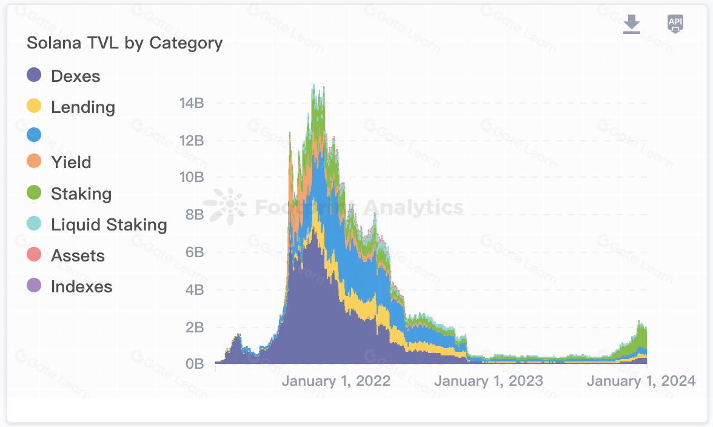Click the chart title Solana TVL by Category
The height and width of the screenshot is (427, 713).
pos(125,43)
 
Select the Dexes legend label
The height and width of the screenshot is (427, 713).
pos(75,76)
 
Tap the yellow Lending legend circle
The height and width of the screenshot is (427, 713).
pos(35,107)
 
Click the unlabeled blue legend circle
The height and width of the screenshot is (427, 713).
pos(35,135)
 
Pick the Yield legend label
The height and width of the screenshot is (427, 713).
pos(71,163)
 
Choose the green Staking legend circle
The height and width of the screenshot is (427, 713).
pos(35,193)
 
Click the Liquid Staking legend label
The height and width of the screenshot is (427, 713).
pos(109,225)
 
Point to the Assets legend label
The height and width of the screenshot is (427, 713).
pos(78,256)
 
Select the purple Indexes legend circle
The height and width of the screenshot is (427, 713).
pos(35,286)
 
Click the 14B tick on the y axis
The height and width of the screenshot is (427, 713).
pos(192,103)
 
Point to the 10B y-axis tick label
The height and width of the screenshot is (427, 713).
pos(192,178)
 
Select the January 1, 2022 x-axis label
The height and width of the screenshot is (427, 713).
pos(336,382)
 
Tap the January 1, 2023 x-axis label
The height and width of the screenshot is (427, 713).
pos(489,382)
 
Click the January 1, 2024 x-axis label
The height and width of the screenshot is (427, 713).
pos(641,382)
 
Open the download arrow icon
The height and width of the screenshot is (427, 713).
pos(632,25)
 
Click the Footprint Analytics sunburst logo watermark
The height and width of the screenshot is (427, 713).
pos(225,206)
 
